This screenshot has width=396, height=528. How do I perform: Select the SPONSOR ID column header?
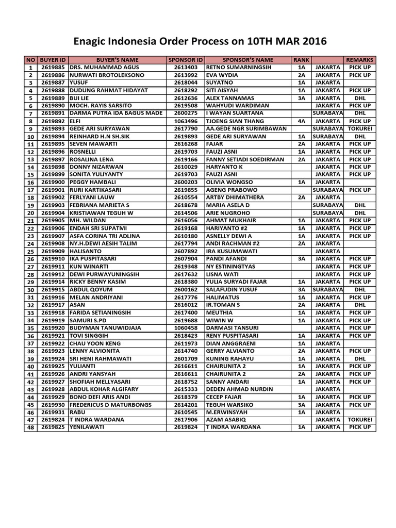coord(186,60)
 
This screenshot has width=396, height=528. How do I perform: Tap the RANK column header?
coord(301,60)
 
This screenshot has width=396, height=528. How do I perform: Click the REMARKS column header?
coord(359,60)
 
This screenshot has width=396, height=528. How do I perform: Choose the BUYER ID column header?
coord(53,60)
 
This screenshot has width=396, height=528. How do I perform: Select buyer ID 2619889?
coord(53,98)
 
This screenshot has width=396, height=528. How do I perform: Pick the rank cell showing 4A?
coord(301,121)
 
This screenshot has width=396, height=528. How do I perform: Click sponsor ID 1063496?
coord(186,121)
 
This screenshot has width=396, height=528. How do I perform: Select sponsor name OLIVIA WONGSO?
coord(230,182)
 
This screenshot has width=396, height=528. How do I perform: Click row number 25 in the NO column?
coord(30,251)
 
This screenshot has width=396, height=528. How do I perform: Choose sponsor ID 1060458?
coord(186,328)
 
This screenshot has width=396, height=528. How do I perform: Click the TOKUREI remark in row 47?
coord(359,420)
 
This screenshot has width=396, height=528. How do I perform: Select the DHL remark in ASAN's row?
coord(359,305)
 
